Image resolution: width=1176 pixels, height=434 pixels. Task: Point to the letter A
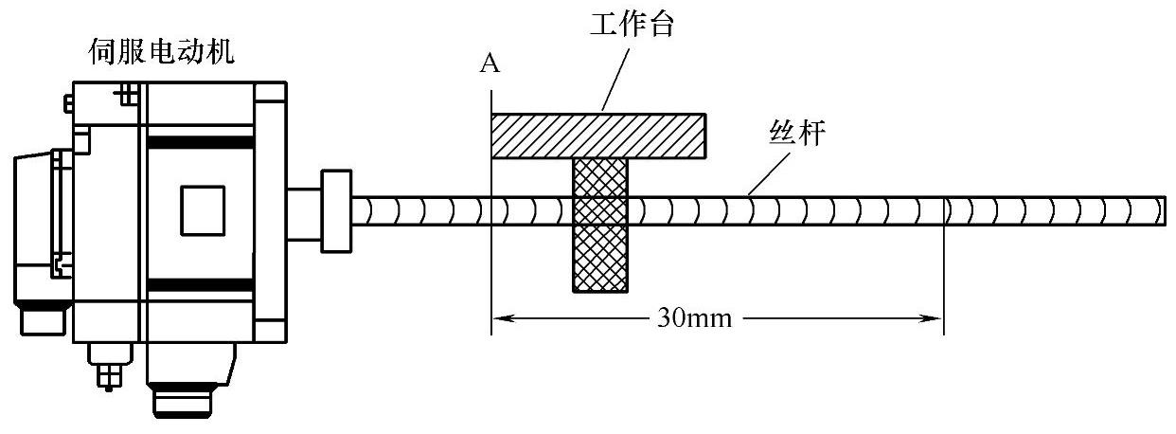(490, 63)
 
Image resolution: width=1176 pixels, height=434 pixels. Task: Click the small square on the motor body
(203, 209)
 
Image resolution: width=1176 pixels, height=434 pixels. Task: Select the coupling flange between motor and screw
(336, 210)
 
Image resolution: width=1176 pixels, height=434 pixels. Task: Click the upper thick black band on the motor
(199, 142)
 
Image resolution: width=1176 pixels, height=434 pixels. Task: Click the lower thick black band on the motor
(199, 283)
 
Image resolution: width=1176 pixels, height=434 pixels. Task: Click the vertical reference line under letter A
(491, 237)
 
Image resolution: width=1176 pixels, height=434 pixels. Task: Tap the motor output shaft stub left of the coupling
(304, 210)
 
